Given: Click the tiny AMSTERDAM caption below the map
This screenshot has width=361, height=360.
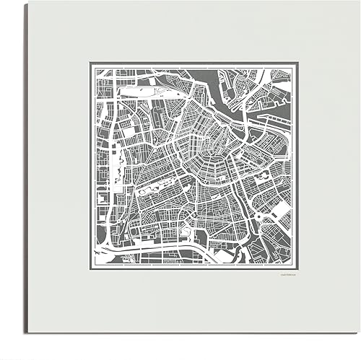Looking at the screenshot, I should tap(286, 273).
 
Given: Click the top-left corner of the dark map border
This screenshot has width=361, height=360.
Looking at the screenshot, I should tap(90, 63).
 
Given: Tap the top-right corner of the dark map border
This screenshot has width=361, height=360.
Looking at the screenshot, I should tap(293, 63).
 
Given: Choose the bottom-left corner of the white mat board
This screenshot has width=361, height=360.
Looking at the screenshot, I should tap(27, 333).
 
